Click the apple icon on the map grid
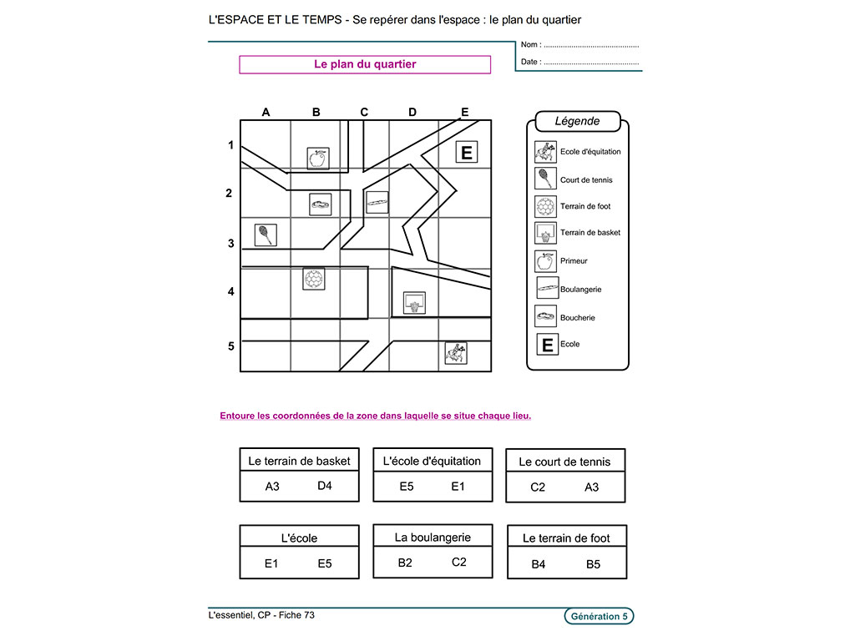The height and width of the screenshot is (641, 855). pyautogui.click(x=317, y=158)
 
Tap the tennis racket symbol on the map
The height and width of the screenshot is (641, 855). pyautogui.click(x=266, y=235)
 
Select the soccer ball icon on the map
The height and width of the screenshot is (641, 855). pyautogui.click(x=313, y=279)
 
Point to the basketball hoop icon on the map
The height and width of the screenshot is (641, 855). pyautogui.click(x=413, y=303)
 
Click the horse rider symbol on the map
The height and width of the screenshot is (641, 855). pyautogui.click(x=455, y=353)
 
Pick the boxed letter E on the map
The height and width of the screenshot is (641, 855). pyautogui.click(x=467, y=152)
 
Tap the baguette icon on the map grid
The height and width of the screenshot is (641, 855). pyautogui.click(x=377, y=202)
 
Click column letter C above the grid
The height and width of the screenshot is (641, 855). pyautogui.click(x=364, y=112)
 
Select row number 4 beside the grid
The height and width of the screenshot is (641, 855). pyautogui.click(x=231, y=292)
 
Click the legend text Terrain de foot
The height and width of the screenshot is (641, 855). pyautogui.click(x=585, y=206)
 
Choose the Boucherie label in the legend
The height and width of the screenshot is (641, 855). pyautogui.click(x=578, y=318)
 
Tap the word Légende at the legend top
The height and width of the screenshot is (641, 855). pyautogui.click(x=577, y=121)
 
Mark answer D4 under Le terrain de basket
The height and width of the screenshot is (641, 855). pyautogui.click(x=325, y=485)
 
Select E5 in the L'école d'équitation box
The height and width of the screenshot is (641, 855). pyautogui.click(x=407, y=486)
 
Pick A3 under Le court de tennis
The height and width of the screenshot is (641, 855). pyautogui.click(x=591, y=487)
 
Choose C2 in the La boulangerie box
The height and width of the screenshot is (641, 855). pyautogui.click(x=459, y=562)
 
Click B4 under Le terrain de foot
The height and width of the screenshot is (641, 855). pyautogui.click(x=539, y=564)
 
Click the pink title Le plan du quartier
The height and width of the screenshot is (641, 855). pyautogui.click(x=365, y=64)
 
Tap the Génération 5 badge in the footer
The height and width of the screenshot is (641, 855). pyautogui.click(x=599, y=617)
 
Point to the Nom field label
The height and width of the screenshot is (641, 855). pyautogui.click(x=530, y=45)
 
